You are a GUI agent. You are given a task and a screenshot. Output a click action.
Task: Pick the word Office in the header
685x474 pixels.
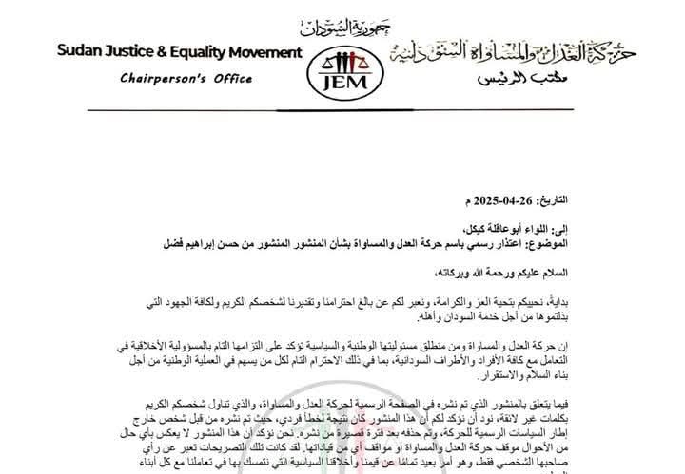coord(226,81)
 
